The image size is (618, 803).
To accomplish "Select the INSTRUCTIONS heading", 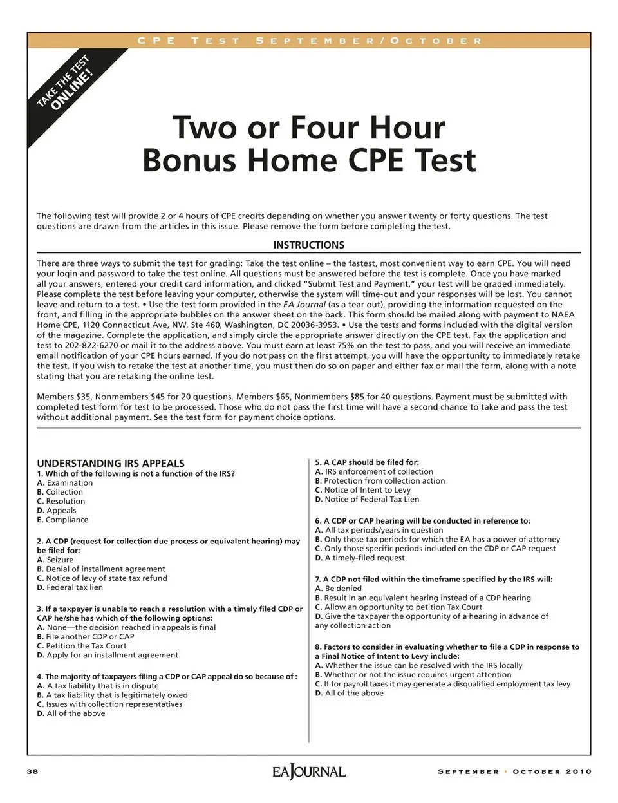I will pos(308,245).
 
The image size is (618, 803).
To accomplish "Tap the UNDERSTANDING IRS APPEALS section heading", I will pos(111,463).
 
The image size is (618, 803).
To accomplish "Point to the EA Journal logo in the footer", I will pos(308,771).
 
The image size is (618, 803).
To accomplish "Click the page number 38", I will pos(32,771).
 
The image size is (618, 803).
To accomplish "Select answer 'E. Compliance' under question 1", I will pos(63,520).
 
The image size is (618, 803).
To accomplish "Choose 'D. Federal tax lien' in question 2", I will pos(70,587).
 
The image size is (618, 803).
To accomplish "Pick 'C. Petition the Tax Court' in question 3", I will pos(82,646).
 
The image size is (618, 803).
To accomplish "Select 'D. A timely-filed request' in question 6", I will pos(360,558).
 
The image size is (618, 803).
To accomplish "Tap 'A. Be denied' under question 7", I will pos(339,589).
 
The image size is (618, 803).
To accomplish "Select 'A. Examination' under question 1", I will pos(65,483).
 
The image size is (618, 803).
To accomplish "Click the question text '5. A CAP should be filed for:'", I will pos(367,462).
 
